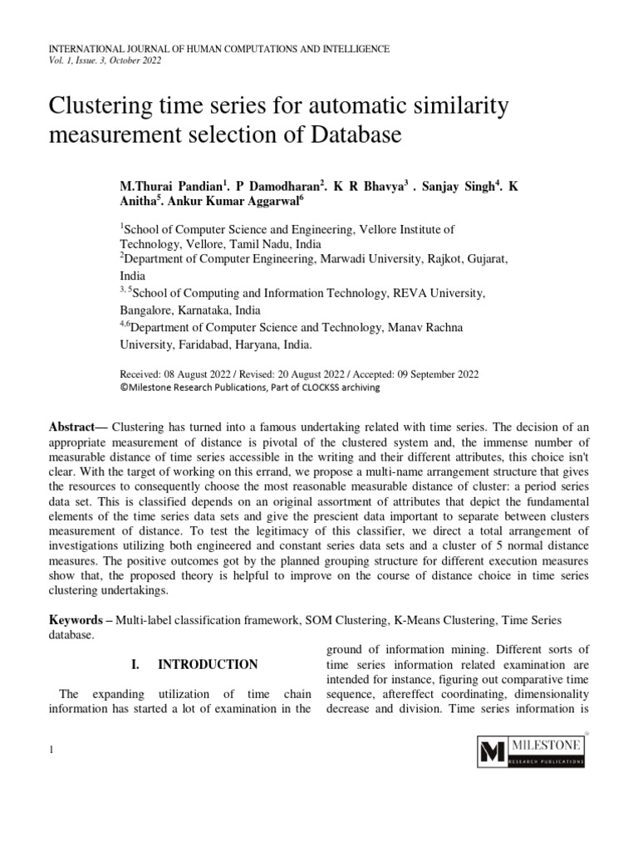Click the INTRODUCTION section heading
208,665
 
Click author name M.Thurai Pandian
169,182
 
